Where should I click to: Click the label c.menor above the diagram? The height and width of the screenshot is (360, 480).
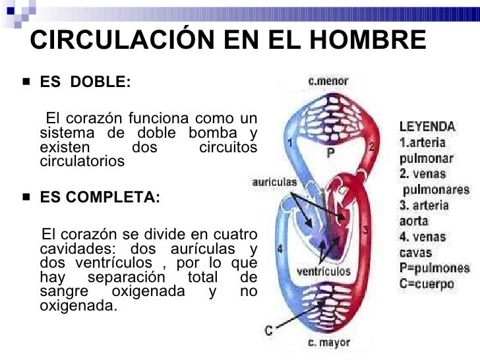point(329,81)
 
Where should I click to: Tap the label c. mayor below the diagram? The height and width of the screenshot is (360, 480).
point(328,344)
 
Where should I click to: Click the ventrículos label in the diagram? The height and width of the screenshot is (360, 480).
point(323,270)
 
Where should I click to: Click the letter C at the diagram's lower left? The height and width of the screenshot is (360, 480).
point(269,331)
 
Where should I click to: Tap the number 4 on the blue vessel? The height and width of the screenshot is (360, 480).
point(280,249)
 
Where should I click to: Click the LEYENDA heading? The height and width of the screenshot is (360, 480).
point(426,126)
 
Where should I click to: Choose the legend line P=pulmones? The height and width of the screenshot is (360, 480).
point(434,269)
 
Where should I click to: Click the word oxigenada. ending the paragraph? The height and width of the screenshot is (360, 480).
point(78,307)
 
